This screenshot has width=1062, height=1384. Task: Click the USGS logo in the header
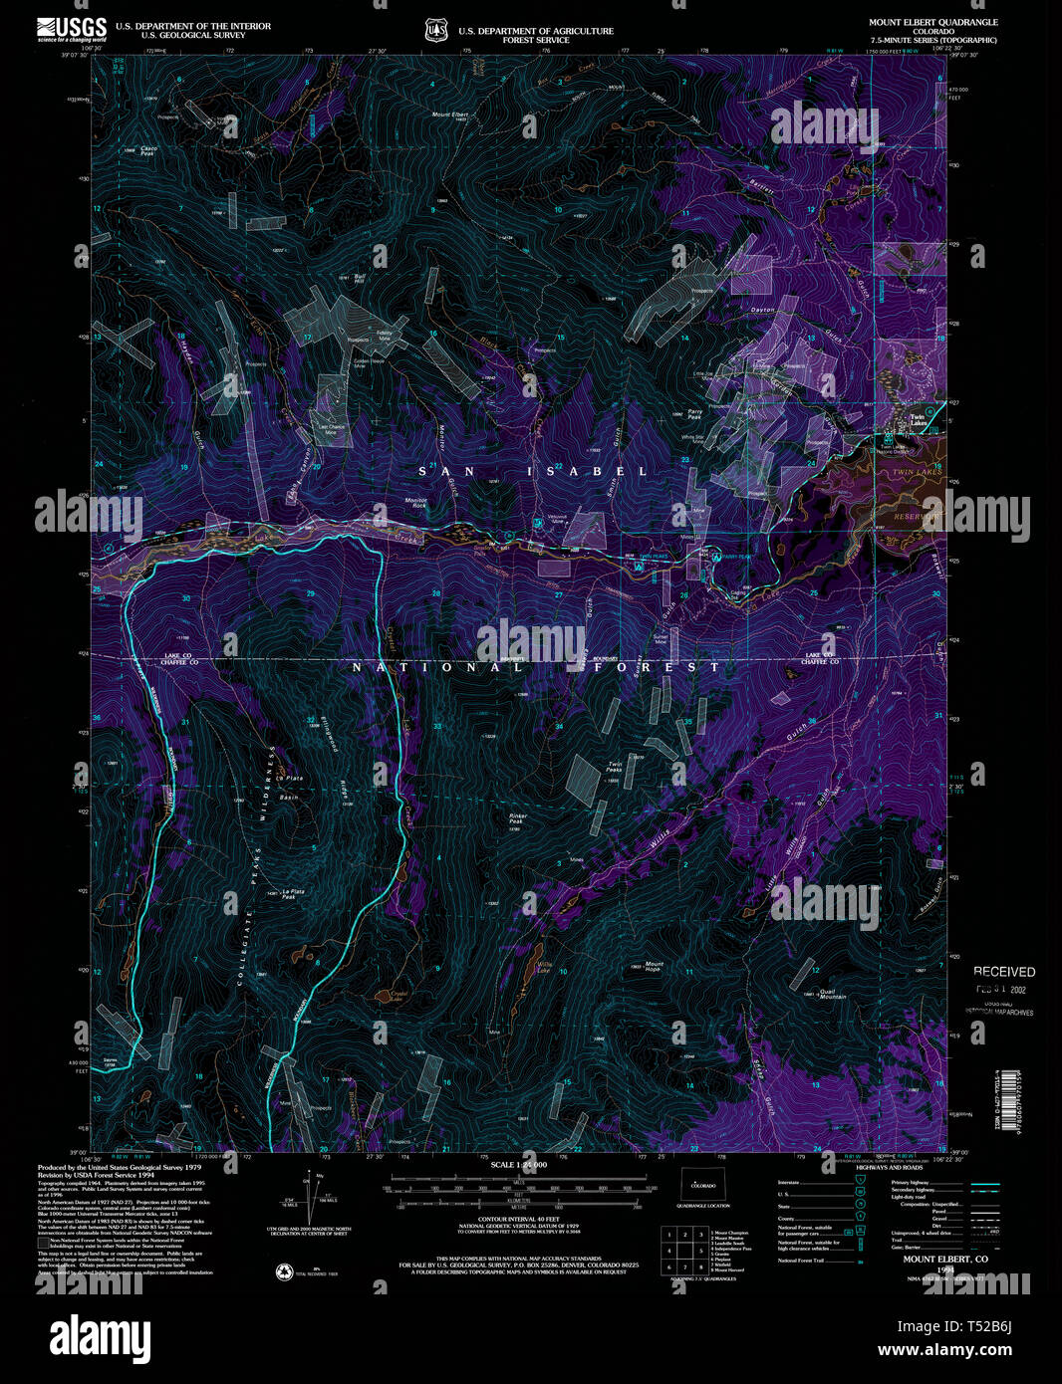pyautogui.click(x=72, y=28)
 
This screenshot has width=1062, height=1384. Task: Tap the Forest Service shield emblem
pyautogui.click(x=435, y=31)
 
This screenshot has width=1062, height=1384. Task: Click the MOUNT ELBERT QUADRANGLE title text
pyautogui.click(x=932, y=22)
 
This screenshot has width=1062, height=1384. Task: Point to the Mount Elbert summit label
pyautogui.click(x=450, y=115)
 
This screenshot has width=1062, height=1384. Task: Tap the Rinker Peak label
pyautogui.click(x=517, y=818)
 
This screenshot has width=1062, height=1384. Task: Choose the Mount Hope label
pyautogui.click(x=654, y=966)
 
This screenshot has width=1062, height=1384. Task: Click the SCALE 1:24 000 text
pyautogui.click(x=517, y=1164)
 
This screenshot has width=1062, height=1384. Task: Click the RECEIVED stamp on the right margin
pyautogui.click(x=1003, y=972)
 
